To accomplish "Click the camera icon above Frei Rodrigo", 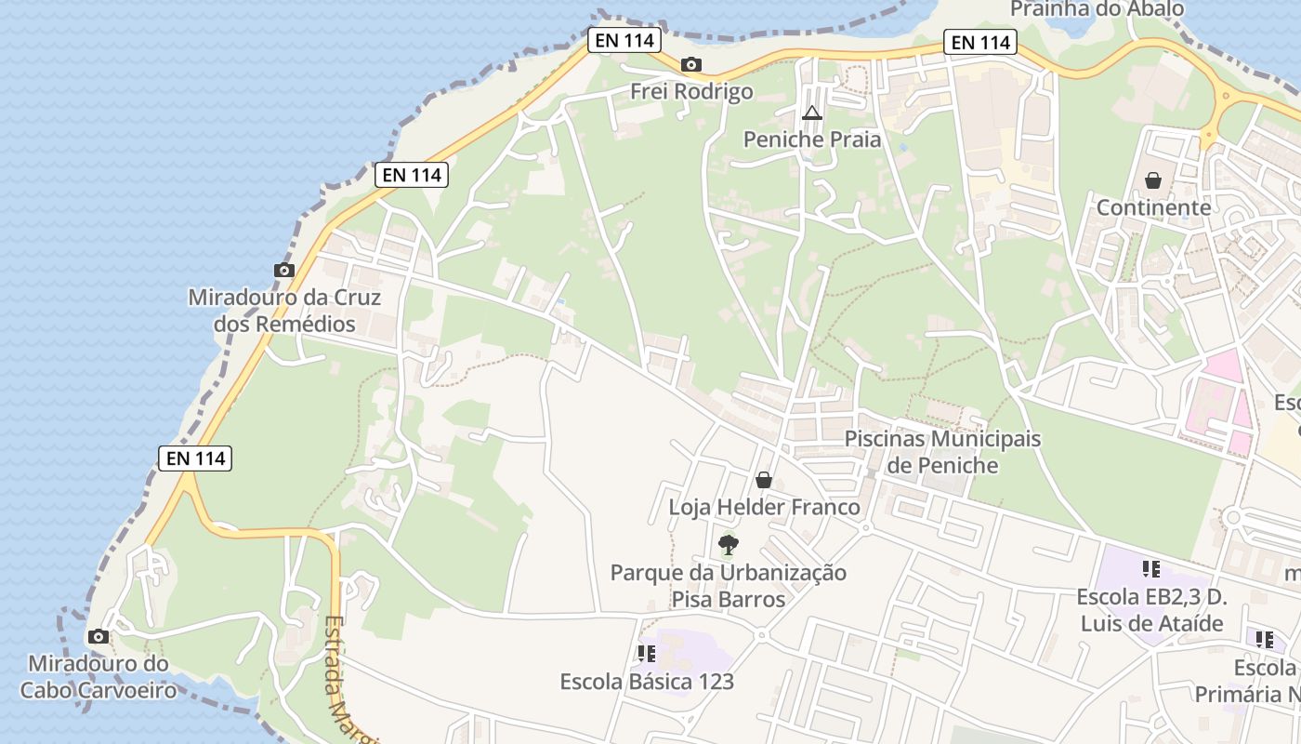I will click(x=690, y=65).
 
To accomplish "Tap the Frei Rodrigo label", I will click(x=691, y=91).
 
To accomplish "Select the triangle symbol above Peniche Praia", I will click(x=812, y=114).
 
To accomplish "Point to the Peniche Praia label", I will click(x=812, y=139).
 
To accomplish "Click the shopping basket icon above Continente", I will click(x=1153, y=180).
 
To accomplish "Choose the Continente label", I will click(x=1153, y=206).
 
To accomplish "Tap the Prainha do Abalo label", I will click(x=1097, y=9).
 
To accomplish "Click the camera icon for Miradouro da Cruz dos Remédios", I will click(x=284, y=271).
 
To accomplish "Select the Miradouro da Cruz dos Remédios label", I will click(x=284, y=311).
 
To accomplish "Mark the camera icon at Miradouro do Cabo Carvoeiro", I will click(x=98, y=637).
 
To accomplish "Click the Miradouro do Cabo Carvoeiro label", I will click(x=99, y=677).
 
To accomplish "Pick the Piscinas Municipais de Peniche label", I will click(x=942, y=451).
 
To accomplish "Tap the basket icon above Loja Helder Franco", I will click(x=764, y=481).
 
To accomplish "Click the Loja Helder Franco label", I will click(x=764, y=508).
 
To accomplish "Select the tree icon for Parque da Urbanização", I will click(x=729, y=545).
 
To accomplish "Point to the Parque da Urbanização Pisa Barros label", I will click(x=729, y=586).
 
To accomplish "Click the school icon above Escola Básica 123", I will click(x=647, y=655).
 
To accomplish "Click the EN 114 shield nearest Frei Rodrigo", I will click(x=624, y=40).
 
